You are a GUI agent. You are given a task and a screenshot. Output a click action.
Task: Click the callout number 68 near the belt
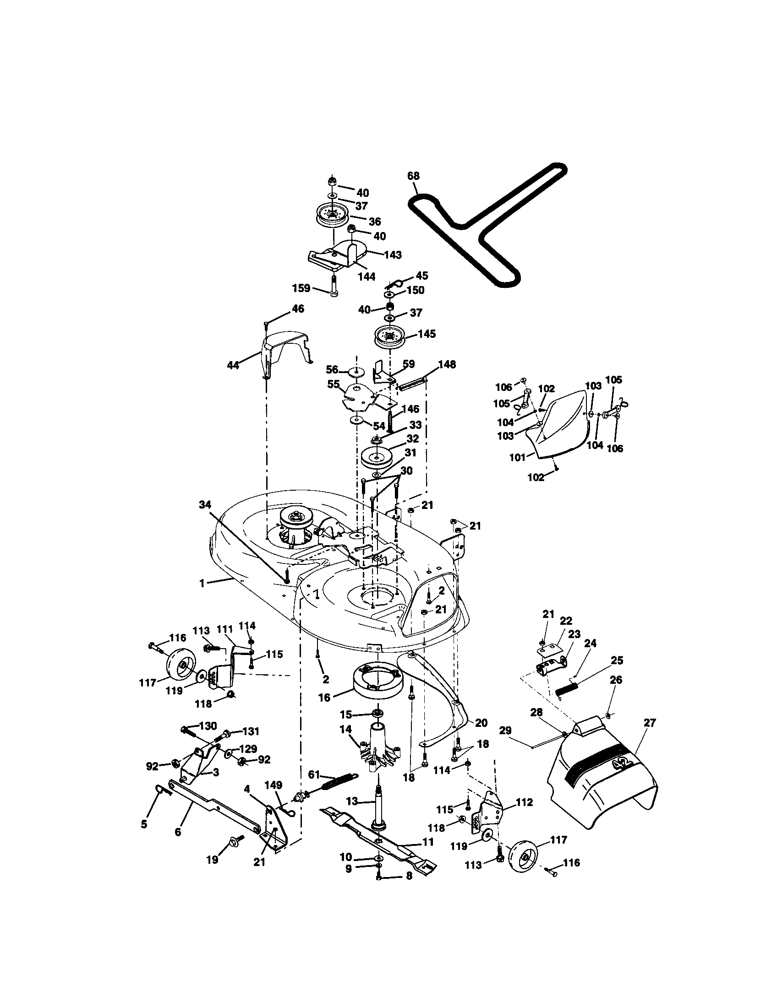pos(413,176)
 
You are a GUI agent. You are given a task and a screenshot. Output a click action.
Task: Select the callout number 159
pos(301,288)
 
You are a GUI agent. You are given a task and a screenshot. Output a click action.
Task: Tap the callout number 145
pos(427,333)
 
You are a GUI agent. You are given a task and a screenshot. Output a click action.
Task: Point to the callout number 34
pos(205,505)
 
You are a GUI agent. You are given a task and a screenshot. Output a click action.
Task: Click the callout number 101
pos(517,457)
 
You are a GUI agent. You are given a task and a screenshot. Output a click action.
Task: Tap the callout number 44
pos(233,366)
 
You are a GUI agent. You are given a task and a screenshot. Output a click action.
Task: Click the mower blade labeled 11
pos(378,833)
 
